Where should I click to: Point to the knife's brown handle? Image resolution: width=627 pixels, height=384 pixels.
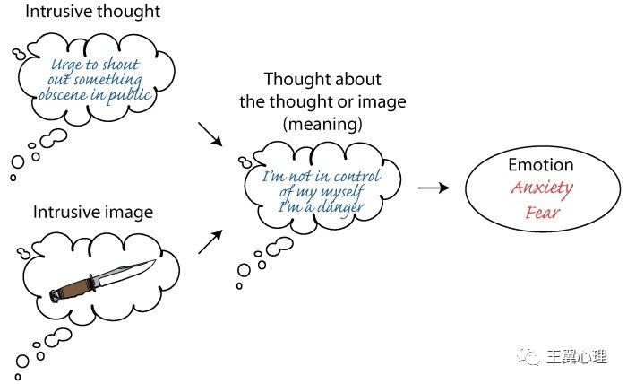[x=73, y=286]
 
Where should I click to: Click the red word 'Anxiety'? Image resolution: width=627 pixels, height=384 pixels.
[x=541, y=189]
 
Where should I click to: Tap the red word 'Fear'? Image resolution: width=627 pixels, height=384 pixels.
[x=541, y=214]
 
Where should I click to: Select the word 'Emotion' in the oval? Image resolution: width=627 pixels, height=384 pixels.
[x=540, y=165]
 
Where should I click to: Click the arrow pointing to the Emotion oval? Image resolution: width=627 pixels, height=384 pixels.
[x=434, y=188]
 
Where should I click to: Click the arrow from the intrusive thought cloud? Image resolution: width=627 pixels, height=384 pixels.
[x=208, y=135]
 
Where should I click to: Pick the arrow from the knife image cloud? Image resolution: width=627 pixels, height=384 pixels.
[x=208, y=240]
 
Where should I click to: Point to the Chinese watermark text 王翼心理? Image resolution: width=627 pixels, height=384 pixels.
[x=581, y=358]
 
